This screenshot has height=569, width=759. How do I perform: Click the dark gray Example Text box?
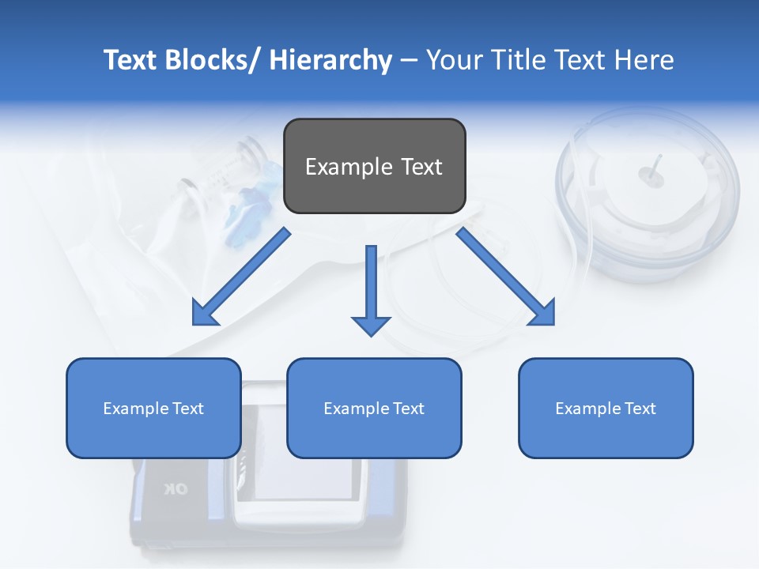point(374,166)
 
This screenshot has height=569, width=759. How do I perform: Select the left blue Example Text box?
point(153,408)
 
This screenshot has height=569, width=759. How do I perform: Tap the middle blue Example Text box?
point(374,408)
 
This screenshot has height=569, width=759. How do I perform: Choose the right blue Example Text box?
point(606,408)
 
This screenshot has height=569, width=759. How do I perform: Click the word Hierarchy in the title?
point(330,60)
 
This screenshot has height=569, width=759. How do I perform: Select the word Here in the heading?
point(643,60)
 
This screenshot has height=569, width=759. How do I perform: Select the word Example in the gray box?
point(338,167)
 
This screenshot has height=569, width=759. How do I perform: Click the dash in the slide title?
point(409,60)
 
